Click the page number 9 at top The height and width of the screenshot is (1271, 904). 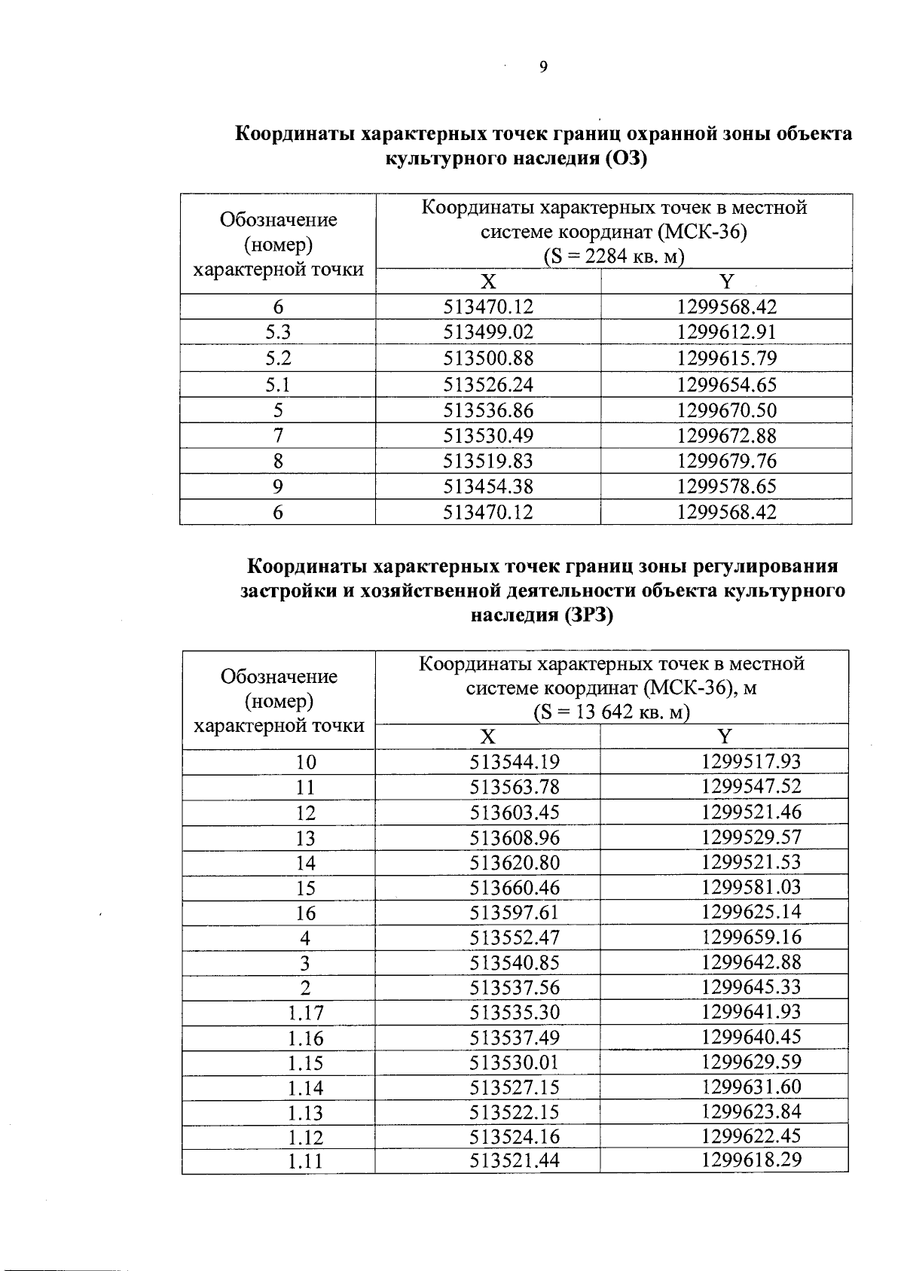click(543, 68)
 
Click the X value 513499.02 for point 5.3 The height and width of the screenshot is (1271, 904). click(488, 332)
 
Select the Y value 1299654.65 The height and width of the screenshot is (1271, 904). click(726, 385)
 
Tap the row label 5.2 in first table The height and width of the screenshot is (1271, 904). click(278, 358)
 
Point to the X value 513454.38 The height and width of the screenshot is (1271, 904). click(488, 486)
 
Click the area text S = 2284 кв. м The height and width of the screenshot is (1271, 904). click(613, 257)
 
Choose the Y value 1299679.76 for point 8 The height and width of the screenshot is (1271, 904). click(726, 461)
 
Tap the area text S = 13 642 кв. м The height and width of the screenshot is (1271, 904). click(611, 712)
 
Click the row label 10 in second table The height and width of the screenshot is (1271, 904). click(306, 762)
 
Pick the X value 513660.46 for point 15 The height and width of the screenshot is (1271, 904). click(515, 888)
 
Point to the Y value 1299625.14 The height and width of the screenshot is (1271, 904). click(751, 912)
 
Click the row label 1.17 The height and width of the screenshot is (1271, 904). click(306, 1013)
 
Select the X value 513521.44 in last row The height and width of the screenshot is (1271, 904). click(515, 1161)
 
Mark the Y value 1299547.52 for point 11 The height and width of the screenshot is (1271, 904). click(751, 787)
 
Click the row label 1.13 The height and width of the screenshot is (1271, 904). click(306, 1113)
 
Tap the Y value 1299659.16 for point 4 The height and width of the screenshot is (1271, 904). click(751, 937)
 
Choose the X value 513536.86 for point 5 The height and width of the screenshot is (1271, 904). click(488, 410)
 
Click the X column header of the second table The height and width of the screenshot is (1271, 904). click(488, 736)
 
